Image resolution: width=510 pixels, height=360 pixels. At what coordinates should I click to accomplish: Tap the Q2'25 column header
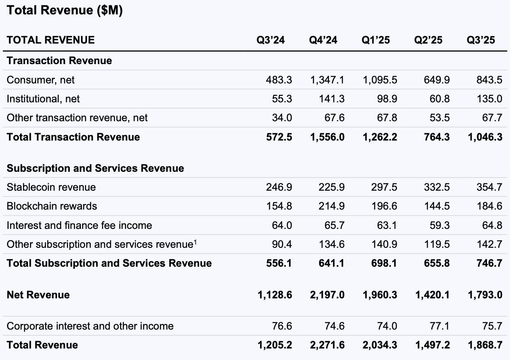[428, 40]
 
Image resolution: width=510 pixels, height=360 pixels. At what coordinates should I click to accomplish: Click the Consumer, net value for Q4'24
[327, 80]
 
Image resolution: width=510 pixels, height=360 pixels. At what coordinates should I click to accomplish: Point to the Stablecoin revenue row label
[51, 187]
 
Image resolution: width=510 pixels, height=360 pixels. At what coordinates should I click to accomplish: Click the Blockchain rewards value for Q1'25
[384, 206]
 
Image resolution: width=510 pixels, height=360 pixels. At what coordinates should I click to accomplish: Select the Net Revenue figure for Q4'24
[327, 295]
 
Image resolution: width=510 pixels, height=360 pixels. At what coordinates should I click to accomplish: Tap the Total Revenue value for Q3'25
[485, 345]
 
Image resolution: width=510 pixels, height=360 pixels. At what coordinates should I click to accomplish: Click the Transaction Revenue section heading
[59, 61]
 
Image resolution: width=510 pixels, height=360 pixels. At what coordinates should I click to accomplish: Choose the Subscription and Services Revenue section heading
[95, 168]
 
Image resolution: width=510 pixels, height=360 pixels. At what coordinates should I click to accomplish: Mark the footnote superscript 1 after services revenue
[195, 242]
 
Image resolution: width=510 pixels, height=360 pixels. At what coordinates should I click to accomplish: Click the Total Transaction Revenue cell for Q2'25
[436, 137]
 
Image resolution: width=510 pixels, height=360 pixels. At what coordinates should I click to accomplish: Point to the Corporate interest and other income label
[90, 326]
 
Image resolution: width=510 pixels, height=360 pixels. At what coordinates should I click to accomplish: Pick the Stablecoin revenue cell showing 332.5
[436, 187]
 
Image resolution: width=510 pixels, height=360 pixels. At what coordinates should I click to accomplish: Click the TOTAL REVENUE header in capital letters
[51, 40]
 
